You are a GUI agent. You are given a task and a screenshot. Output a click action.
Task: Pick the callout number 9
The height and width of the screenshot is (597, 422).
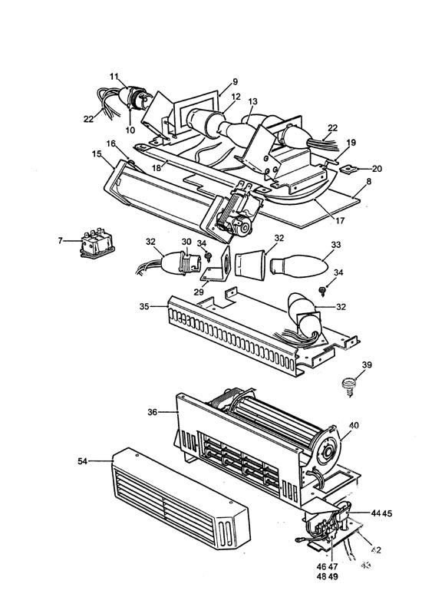click(x=235, y=81)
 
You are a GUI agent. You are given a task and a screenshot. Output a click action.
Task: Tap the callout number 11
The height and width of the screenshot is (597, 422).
click(x=114, y=77)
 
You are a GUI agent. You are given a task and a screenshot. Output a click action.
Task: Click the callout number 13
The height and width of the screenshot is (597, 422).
click(x=253, y=100)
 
